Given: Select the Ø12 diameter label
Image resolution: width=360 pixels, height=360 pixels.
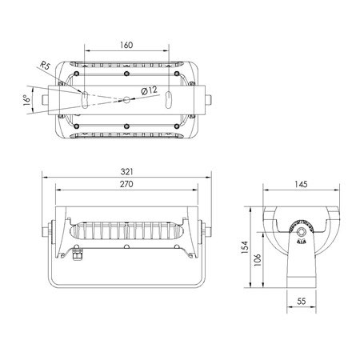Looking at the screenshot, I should coord(150,91).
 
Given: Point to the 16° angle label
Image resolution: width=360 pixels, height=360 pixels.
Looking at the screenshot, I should coord(27,102).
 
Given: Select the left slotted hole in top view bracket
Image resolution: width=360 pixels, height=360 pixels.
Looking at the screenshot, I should coord(84,100).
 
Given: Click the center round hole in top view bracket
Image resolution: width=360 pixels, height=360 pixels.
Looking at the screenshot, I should coord(127,100).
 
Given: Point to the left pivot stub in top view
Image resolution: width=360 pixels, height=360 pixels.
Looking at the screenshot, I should coord(45,101).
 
